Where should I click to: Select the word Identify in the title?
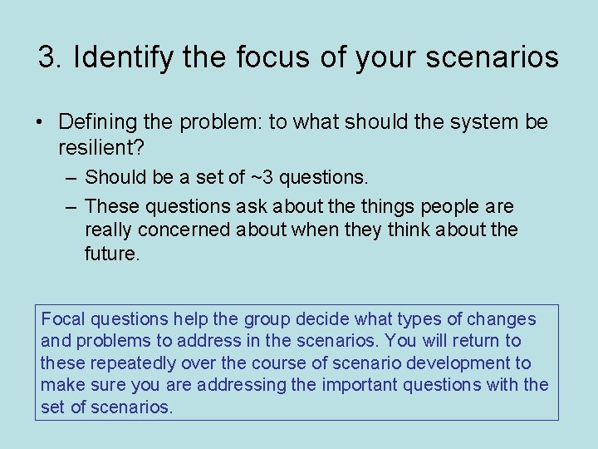click(120, 57)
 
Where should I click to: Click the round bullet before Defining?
click(40, 122)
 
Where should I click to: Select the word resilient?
click(97, 148)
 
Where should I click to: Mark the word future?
click(112, 254)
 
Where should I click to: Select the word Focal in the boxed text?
click(63, 319)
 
